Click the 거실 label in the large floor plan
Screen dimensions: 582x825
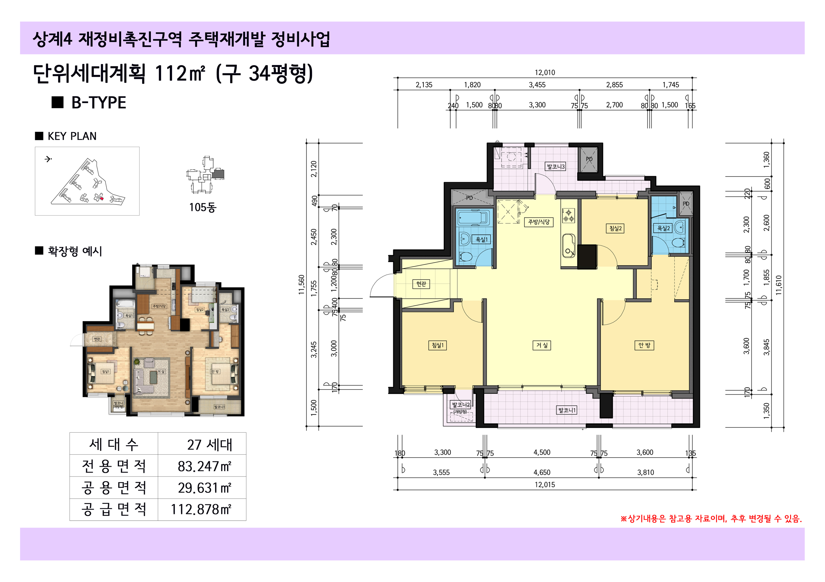coord(542,345)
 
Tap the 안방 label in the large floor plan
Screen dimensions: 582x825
coord(644,345)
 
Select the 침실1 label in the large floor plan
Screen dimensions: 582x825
coord(438,345)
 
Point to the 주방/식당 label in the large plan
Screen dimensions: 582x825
coord(539,222)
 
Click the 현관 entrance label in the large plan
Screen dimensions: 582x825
coord(421,284)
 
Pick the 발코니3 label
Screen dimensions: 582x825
coord(556,167)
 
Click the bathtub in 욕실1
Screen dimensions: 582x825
coord(473,218)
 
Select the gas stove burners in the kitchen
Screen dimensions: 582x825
coord(569,216)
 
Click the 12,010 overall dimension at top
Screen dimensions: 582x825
coord(545,73)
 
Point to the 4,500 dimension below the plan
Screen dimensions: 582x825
coord(542,452)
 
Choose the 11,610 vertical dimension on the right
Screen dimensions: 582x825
coord(778,285)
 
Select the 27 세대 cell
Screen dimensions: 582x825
coord(210,445)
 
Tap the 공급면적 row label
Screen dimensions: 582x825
coord(114,509)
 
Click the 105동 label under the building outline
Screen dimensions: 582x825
coord(203,207)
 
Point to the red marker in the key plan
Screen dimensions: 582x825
coord(102,198)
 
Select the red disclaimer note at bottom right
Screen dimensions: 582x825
coord(711,519)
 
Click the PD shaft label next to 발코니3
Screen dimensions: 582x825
coord(589,159)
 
